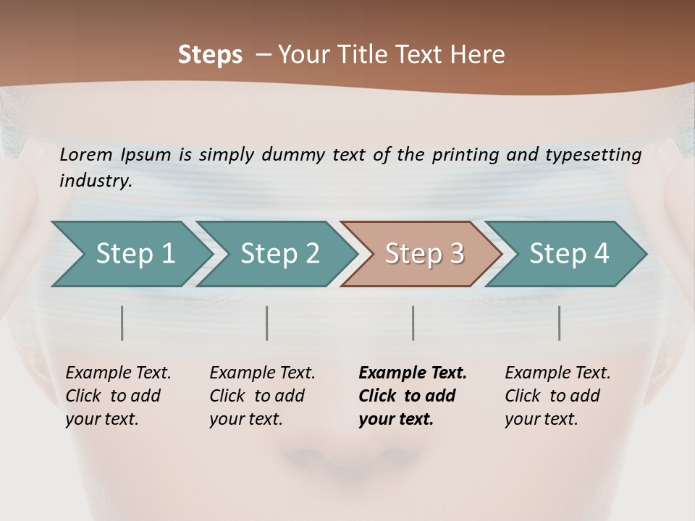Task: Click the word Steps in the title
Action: point(210,55)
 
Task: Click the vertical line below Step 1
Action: point(122,323)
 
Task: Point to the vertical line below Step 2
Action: point(267,323)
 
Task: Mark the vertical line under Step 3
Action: point(413,323)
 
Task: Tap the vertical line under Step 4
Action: point(560,323)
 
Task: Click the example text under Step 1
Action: point(118,396)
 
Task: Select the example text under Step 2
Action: point(262,396)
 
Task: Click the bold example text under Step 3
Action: point(413,396)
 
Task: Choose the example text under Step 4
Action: point(557,396)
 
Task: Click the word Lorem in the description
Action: point(85,154)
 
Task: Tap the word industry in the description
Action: point(95,180)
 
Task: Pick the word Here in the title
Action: point(483,55)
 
